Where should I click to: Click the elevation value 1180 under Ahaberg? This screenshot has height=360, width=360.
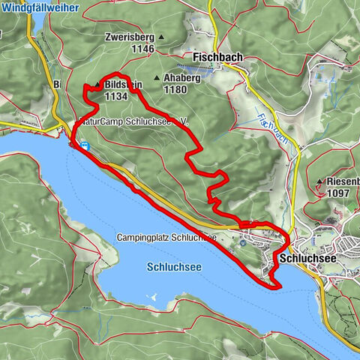coord(174,89)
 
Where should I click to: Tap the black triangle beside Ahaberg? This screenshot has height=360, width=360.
coord(156,78)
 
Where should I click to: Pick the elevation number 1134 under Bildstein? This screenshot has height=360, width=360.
coord(116,96)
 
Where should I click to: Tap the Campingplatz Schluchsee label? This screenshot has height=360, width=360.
coord(166,238)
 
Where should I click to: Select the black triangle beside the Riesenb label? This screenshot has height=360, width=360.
coord(320,182)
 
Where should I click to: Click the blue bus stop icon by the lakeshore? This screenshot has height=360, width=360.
coord(85,145)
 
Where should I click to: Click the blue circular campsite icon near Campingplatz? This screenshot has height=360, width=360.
coord(245,241)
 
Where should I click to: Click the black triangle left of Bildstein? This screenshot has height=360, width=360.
coord(97,85)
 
